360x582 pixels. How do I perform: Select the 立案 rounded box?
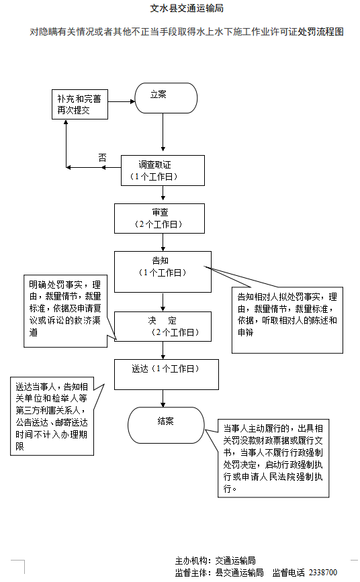166,98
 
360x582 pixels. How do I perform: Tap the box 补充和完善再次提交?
81,103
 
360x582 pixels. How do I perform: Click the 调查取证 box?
162,170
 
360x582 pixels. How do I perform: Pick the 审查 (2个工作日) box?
159,217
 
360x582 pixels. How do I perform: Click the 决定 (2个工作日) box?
163,326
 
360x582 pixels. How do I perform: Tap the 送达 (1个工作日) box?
166,374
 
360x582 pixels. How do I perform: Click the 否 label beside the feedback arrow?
102,158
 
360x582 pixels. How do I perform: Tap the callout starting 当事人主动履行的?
276,458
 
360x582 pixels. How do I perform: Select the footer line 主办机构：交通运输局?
215,561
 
